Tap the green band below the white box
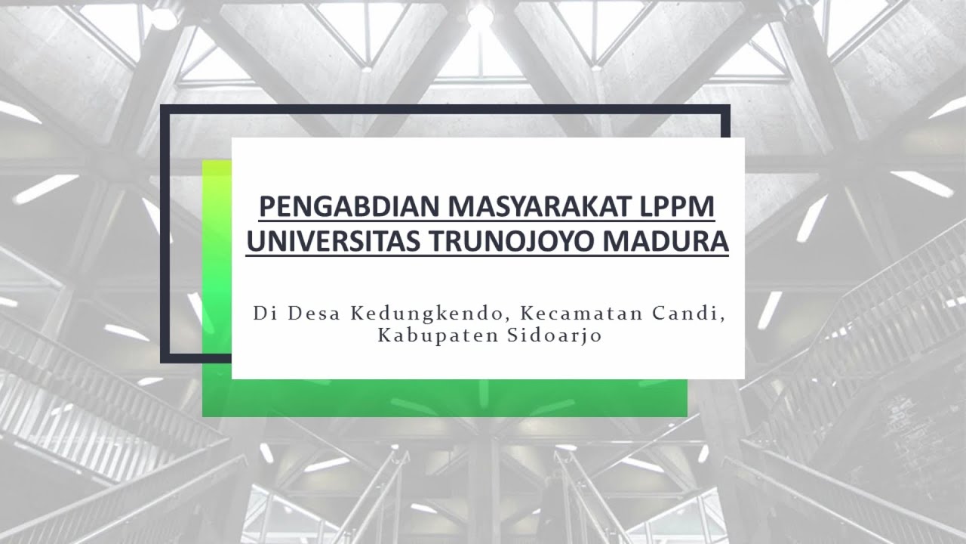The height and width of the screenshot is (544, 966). pyautogui.click(x=453, y=398)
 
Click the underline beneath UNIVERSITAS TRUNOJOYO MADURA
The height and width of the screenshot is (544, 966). pyautogui.click(x=488, y=256)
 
